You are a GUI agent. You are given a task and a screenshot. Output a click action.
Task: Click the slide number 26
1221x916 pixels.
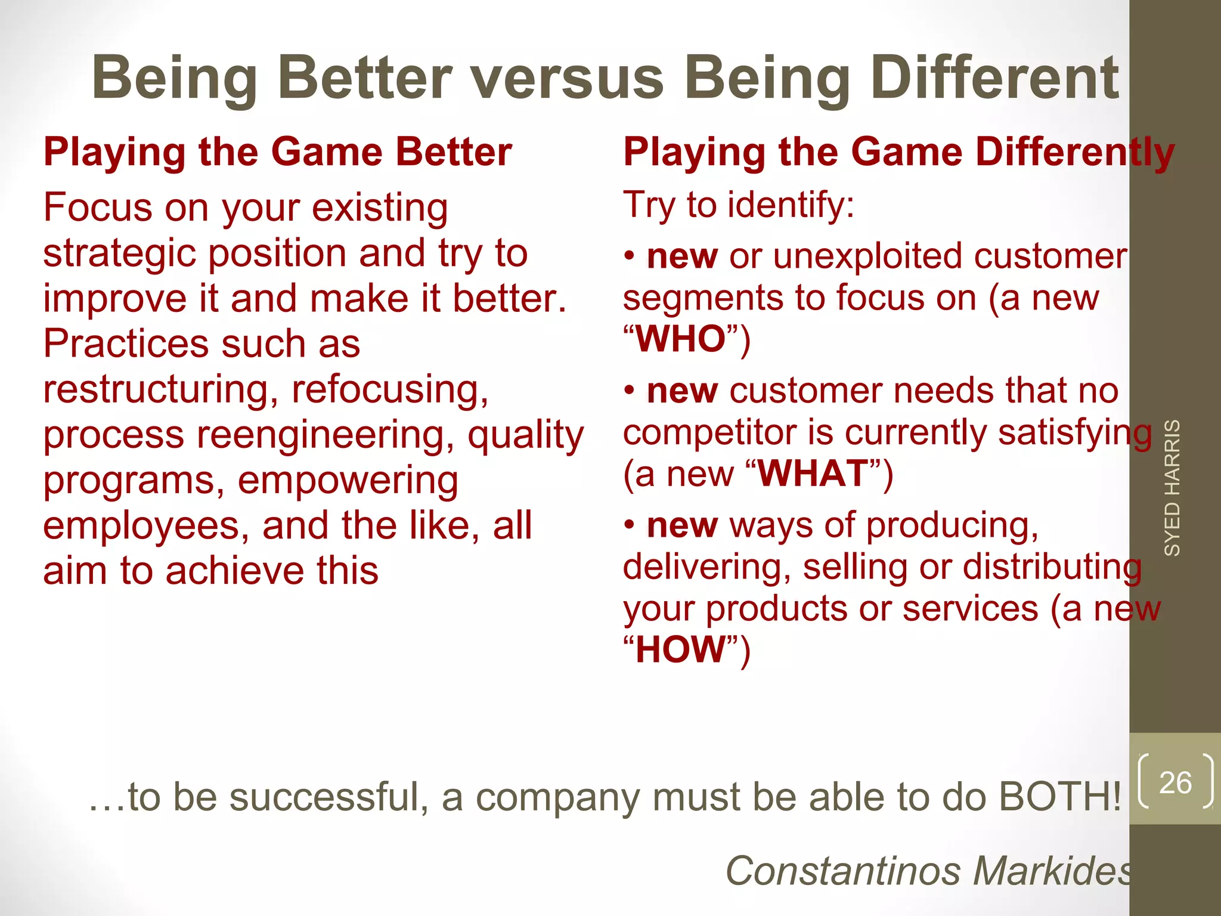pyautogui.click(x=1175, y=782)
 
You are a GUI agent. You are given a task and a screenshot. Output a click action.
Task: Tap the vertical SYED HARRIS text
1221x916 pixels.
pyautogui.click(x=1172, y=488)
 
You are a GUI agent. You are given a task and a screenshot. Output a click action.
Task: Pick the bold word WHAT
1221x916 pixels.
pyautogui.click(x=813, y=474)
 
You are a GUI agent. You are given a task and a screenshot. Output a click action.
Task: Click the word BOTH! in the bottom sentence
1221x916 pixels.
pyautogui.click(x=1059, y=797)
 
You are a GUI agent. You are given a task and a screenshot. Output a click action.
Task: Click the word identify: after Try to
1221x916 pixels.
pyautogui.click(x=791, y=205)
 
